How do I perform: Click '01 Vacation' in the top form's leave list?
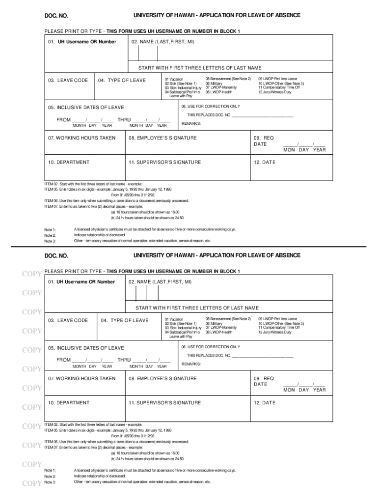(174, 79)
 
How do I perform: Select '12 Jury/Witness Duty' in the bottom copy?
(274, 333)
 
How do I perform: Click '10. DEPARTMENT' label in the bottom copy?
(69, 403)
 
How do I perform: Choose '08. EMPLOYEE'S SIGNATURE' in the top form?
(162, 138)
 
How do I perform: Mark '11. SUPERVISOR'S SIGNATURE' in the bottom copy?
(164, 403)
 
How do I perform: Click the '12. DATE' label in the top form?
(265, 162)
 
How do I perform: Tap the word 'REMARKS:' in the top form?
(191, 123)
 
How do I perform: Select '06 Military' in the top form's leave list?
(214, 84)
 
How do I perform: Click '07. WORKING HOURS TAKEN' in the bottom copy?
(82, 378)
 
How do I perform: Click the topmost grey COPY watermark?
(32, 274)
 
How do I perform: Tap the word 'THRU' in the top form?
(124, 119)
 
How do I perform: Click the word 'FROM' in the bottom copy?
(64, 360)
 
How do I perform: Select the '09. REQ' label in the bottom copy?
(264, 378)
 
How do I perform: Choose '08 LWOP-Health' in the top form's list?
(219, 92)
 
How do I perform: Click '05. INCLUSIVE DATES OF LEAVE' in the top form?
(86, 108)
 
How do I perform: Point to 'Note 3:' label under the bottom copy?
(50, 482)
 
